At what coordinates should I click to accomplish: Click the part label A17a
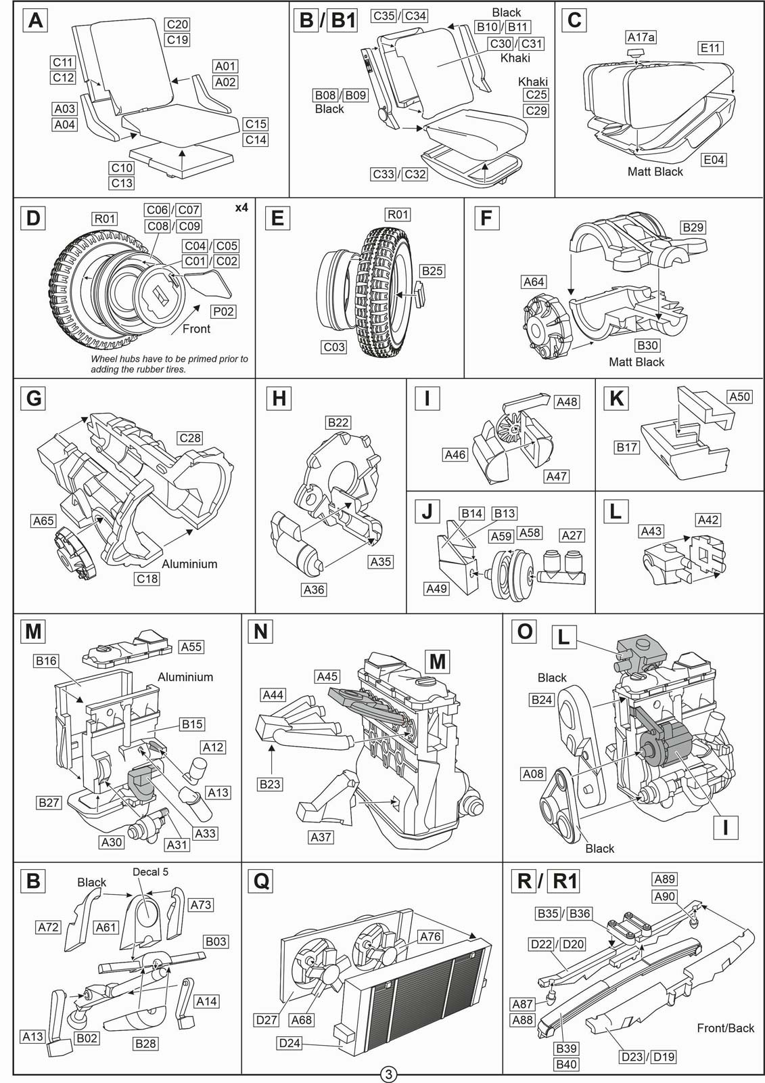[641, 37]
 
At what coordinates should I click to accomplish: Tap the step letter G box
[33, 399]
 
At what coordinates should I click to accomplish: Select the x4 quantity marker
[241, 207]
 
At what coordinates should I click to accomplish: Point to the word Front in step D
[196, 329]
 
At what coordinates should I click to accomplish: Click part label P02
[223, 311]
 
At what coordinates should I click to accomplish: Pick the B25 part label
[432, 271]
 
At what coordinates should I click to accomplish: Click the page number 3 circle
[388, 1074]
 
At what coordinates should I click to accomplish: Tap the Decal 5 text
[150, 872]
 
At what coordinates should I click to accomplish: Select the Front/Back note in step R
[725, 1028]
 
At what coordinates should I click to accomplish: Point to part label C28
[190, 438]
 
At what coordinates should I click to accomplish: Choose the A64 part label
[534, 282]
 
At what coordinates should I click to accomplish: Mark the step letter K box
[616, 399]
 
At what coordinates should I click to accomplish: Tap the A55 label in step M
[191, 646]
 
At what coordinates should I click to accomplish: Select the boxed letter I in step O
[725, 828]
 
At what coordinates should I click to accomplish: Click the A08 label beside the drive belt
[533, 774]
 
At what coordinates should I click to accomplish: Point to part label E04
[714, 160]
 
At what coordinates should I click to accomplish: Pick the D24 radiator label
[289, 1043]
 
